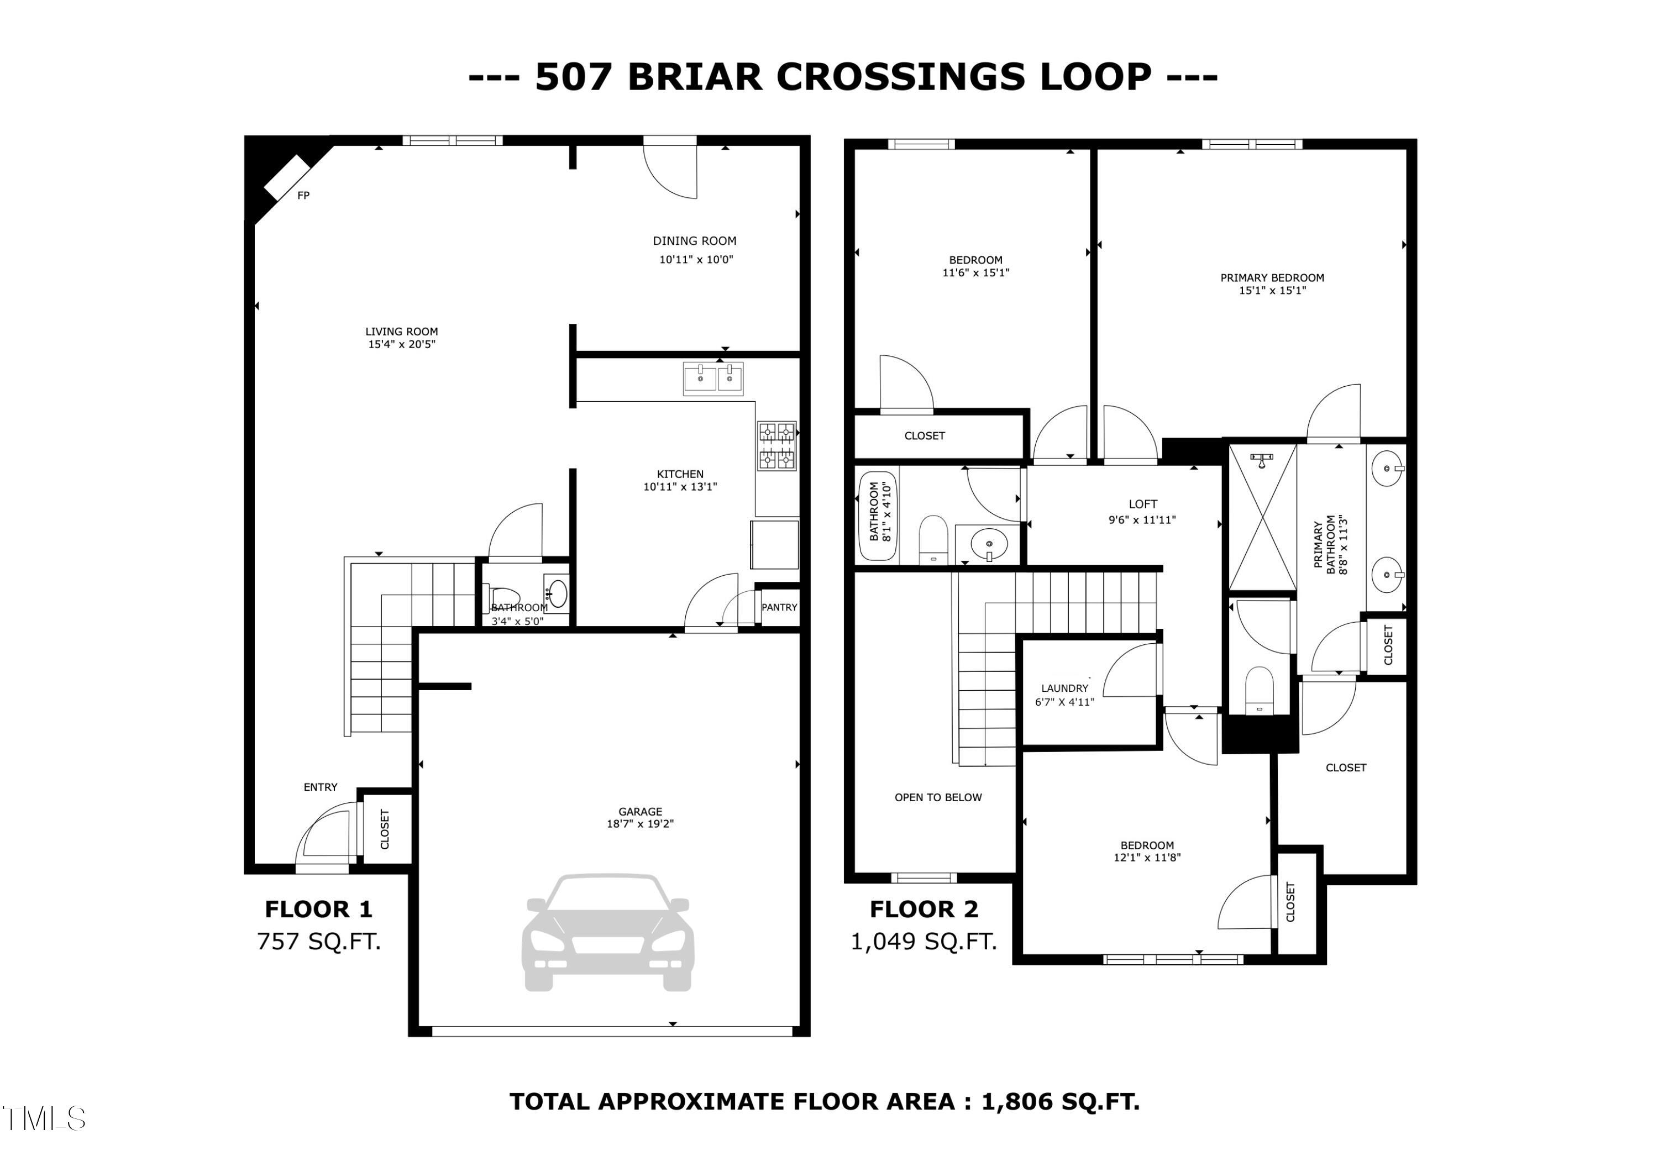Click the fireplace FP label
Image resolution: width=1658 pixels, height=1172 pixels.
click(x=303, y=196)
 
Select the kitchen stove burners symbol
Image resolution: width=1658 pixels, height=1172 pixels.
click(x=776, y=445)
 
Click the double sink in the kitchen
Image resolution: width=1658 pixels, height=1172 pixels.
click(x=713, y=379)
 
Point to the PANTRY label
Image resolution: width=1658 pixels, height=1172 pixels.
click(x=779, y=607)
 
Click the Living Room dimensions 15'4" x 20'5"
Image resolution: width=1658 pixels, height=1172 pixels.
click(x=401, y=344)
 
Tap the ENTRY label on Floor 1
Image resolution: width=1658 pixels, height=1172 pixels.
click(x=320, y=787)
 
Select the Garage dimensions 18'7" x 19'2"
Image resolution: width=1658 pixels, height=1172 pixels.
click(x=640, y=824)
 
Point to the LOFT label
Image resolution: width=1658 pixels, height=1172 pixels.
click(x=1142, y=504)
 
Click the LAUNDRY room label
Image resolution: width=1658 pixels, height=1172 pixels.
click(x=1064, y=688)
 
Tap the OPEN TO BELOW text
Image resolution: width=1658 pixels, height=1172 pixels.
click(x=938, y=797)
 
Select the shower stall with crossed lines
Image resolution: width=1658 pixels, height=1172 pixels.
click(x=1262, y=518)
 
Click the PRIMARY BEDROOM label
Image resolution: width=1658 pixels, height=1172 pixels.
click(x=1272, y=277)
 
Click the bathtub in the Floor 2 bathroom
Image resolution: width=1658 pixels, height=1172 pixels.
click(x=876, y=515)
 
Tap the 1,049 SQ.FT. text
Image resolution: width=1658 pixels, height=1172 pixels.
click(x=924, y=942)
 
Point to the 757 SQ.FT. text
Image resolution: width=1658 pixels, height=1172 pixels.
click(x=318, y=942)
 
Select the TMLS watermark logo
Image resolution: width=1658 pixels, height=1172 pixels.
click(x=43, y=1118)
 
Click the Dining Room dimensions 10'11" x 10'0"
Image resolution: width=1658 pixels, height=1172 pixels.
click(x=695, y=260)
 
